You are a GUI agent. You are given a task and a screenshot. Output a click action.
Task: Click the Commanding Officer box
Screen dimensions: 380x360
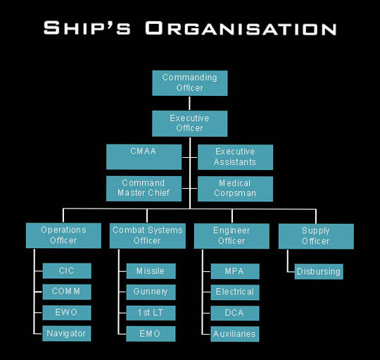(x=190, y=83)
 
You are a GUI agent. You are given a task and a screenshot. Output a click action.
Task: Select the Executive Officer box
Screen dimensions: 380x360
(x=190, y=123)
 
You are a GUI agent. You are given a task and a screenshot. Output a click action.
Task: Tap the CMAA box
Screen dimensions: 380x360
(x=144, y=157)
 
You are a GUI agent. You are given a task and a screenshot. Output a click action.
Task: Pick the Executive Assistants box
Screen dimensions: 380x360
(x=235, y=157)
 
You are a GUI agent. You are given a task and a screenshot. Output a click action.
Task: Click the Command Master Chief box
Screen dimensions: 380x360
(x=144, y=189)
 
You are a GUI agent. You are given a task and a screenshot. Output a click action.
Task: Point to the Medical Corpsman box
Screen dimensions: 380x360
(x=235, y=189)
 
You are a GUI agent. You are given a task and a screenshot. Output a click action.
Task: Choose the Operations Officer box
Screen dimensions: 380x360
(x=63, y=235)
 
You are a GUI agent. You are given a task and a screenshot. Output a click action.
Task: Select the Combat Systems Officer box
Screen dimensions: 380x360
(x=148, y=236)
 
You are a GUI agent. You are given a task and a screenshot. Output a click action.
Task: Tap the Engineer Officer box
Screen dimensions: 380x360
(x=232, y=236)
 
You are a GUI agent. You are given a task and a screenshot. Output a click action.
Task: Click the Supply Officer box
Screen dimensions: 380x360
(x=316, y=236)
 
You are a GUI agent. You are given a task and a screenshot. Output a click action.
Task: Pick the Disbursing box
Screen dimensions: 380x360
(x=319, y=271)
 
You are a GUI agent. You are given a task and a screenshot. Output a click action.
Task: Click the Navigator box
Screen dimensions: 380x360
(x=67, y=333)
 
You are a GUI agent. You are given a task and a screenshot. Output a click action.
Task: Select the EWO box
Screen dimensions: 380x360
(x=67, y=313)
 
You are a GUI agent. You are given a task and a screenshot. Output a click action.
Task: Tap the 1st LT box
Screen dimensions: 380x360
(x=151, y=313)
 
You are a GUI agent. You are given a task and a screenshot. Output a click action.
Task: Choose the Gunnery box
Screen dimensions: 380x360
(x=151, y=292)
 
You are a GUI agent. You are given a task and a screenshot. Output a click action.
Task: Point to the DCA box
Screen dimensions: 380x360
(x=235, y=313)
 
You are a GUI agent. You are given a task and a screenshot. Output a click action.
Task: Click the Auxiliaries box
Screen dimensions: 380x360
(x=235, y=334)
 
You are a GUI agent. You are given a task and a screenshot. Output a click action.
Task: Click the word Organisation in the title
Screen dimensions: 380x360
(x=241, y=28)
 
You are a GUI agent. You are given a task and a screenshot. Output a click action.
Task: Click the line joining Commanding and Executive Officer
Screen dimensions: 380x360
(x=189, y=104)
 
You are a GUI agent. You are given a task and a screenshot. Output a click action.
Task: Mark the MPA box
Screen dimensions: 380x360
(x=235, y=271)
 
